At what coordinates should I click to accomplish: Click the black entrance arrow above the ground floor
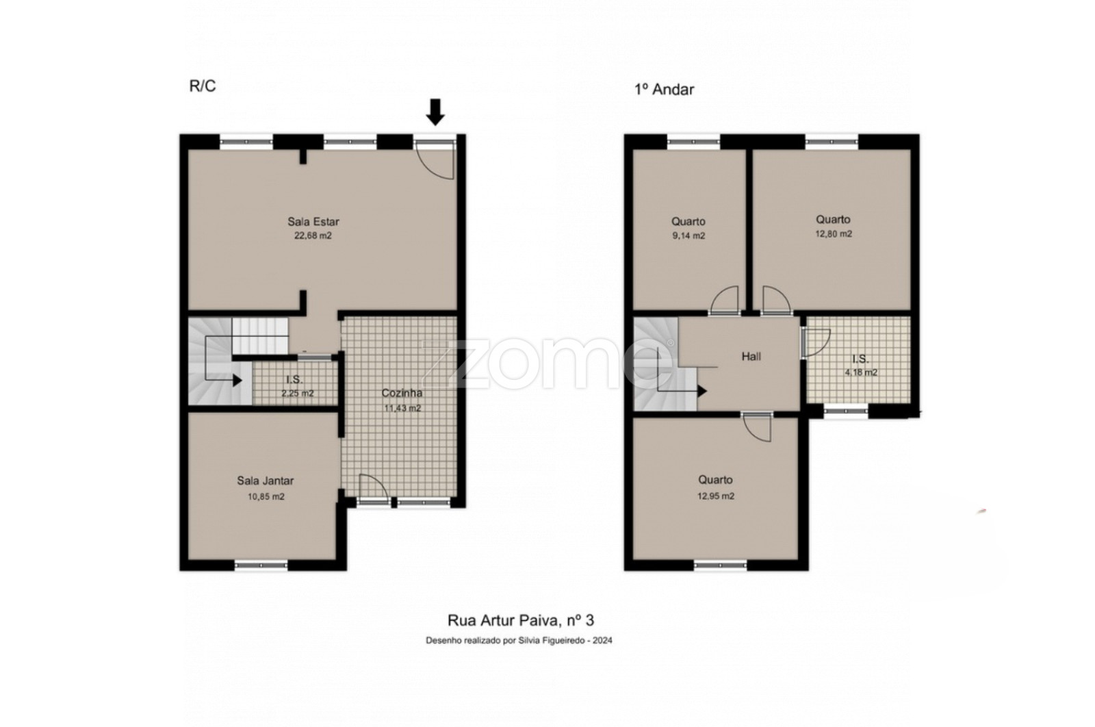pyautogui.click(x=435, y=112)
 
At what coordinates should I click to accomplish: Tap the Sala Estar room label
pyautogui.click(x=313, y=222)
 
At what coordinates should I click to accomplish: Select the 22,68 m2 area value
pyautogui.click(x=313, y=235)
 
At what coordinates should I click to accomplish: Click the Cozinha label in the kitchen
pyautogui.click(x=402, y=393)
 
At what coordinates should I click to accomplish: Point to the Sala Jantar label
pyautogui.click(x=266, y=481)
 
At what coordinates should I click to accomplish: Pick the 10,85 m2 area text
pyautogui.click(x=266, y=497)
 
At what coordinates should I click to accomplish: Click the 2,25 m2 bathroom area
pyautogui.click(x=297, y=393)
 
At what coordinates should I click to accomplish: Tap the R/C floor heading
pyautogui.click(x=203, y=86)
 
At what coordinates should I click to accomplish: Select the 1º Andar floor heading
pyautogui.click(x=664, y=90)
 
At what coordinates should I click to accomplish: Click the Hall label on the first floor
pyautogui.click(x=751, y=357)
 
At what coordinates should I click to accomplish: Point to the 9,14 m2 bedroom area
pyautogui.click(x=688, y=235)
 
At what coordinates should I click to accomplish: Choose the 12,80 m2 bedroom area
pyautogui.click(x=834, y=233)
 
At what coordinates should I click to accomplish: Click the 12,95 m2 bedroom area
pyautogui.click(x=716, y=496)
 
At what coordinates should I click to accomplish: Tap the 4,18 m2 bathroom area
pyautogui.click(x=861, y=372)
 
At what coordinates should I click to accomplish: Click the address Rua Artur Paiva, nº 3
pyautogui.click(x=521, y=620)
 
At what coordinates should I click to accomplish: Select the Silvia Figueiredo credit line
pyautogui.click(x=519, y=641)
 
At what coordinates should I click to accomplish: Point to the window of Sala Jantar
pyautogui.click(x=261, y=565)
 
